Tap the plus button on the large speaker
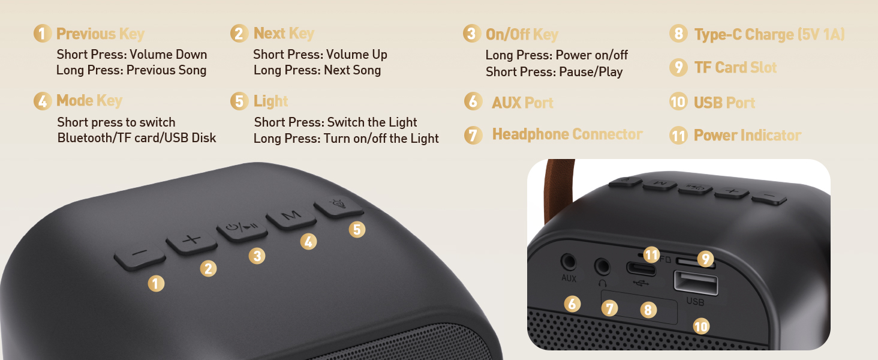pyautogui.click(x=191, y=241)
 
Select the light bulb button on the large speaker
pyautogui.click(x=339, y=206)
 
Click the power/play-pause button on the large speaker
pyautogui.click(x=242, y=228)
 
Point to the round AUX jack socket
pyautogui.click(x=568, y=262)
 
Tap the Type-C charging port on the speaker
pyautogui.click(x=641, y=268)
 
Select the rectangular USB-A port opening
pyautogui.click(x=696, y=283)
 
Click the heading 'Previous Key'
pyautogui.click(x=100, y=34)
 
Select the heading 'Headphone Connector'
pyautogui.click(x=567, y=134)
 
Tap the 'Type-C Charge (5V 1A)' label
pyautogui.click(x=769, y=35)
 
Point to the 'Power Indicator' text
pyautogui.click(x=747, y=136)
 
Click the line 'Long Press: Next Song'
pyautogui.click(x=317, y=70)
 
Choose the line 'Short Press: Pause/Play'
pyautogui.click(x=554, y=72)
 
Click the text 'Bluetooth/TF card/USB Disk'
pyautogui.click(x=137, y=138)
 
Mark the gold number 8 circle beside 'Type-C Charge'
pyautogui.click(x=678, y=34)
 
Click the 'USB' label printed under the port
pyautogui.click(x=695, y=302)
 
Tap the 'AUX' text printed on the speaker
pyautogui.click(x=569, y=278)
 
